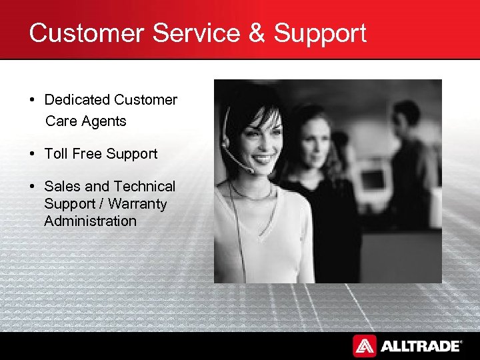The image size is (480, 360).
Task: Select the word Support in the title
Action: [320, 33]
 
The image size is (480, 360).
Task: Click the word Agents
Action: [105, 121]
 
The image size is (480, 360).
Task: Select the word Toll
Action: [55, 154]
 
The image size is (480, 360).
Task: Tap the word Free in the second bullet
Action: [87, 154]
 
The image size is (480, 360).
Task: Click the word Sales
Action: [62, 187]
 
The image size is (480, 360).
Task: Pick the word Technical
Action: [144, 187]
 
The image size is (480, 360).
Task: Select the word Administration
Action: [90, 221]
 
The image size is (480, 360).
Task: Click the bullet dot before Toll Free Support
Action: [32, 154]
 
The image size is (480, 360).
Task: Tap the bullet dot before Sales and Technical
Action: [32, 187]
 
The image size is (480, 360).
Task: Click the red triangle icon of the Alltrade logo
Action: [364, 345]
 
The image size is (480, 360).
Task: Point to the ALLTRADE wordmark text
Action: [420, 345]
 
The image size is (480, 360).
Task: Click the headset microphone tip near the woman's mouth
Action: [251, 171]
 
